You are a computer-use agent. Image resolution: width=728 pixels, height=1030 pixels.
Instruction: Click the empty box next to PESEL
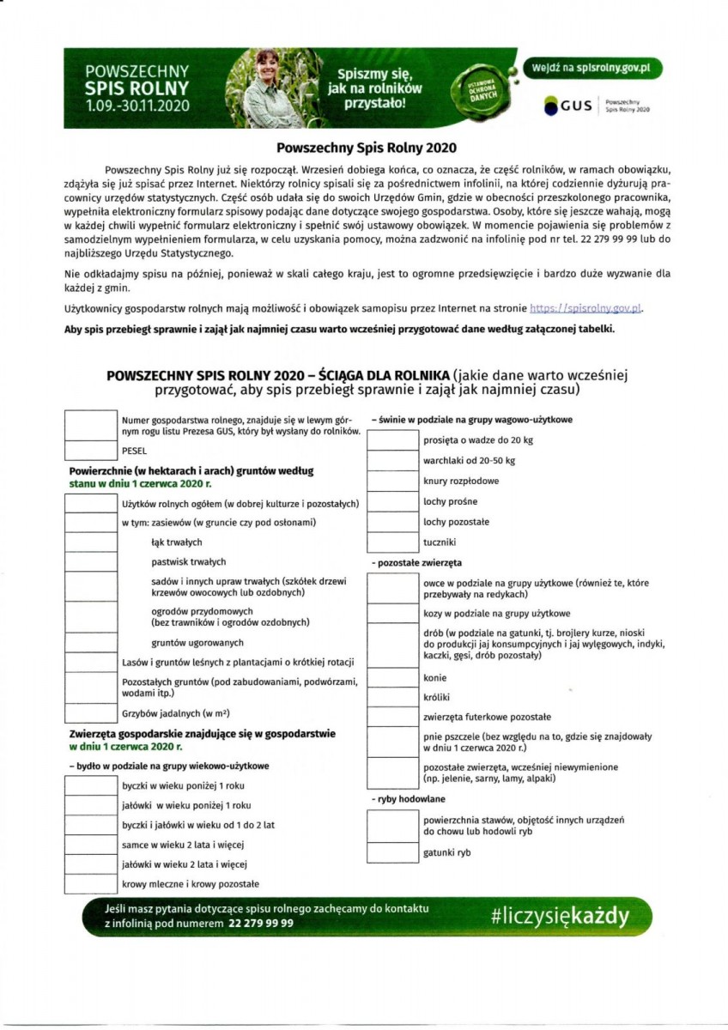(x=90, y=450)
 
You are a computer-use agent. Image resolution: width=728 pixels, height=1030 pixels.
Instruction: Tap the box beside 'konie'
(x=392, y=677)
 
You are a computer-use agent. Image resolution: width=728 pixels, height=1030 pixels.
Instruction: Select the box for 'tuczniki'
(x=392, y=542)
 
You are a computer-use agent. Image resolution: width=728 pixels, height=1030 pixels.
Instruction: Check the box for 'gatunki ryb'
(x=392, y=852)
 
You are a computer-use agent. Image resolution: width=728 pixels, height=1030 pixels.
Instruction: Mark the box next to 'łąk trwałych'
(x=90, y=542)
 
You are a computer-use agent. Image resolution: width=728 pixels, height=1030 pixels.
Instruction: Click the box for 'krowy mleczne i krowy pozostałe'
(x=90, y=883)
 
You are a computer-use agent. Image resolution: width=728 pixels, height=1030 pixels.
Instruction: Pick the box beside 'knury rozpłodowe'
(x=392, y=481)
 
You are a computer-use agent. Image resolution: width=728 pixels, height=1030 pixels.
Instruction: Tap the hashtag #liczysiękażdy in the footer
(x=559, y=915)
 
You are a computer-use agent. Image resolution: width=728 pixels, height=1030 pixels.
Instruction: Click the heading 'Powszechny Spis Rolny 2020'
(x=363, y=147)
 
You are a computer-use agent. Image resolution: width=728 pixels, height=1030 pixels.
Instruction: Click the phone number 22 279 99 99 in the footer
(x=261, y=924)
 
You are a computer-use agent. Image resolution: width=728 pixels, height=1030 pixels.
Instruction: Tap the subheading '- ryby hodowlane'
(x=403, y=799)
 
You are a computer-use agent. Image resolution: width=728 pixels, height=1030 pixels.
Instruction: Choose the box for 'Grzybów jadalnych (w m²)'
(x=90, y=713)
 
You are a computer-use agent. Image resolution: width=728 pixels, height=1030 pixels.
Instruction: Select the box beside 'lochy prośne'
(x=392, y=501)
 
